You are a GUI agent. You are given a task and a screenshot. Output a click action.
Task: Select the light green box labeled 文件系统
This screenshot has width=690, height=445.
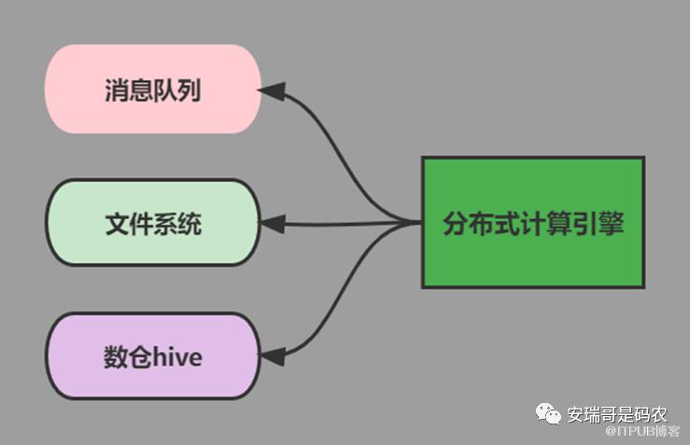click(x=152, y=223)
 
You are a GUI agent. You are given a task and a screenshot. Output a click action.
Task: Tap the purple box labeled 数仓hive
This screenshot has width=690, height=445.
click(x=152, y=356)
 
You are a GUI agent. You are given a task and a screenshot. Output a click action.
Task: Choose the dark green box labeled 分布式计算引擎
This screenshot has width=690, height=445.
click(x=532, y=222)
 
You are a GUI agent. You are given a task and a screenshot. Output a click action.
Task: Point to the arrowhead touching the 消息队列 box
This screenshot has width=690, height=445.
click(x=272, y=90)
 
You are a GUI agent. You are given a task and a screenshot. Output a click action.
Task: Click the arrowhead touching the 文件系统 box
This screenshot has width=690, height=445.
click(x=272, y=224)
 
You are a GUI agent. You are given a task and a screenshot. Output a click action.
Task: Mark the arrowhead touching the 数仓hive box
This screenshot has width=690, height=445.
click(x=272, y=356)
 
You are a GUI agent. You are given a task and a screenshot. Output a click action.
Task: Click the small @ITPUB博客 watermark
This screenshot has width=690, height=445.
click(x=642, y=431)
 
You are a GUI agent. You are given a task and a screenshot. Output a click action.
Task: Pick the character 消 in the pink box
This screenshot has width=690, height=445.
click(x=116, y=90)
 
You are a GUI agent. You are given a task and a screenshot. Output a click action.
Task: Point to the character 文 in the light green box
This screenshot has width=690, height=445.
click(x=116, y=224)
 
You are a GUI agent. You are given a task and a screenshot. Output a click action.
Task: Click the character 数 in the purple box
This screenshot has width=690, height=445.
click(x=115, y=357)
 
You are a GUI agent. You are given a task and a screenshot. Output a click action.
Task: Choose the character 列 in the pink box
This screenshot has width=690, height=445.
click(x=189, y=90)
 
